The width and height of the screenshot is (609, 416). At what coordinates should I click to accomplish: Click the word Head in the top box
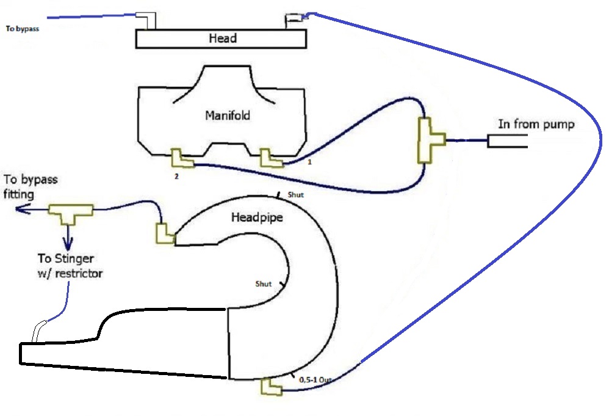point(223,38)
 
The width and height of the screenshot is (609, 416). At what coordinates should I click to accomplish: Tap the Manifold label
point(228,115)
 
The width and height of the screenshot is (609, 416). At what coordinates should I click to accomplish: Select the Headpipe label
point(257,217)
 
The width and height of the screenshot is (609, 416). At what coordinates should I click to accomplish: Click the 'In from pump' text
point(536,124)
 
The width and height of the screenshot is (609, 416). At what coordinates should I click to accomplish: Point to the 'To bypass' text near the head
point(23,28)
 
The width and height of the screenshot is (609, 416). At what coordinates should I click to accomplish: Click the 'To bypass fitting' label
point(31,186)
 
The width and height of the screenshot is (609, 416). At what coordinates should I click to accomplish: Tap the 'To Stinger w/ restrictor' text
point(70,266)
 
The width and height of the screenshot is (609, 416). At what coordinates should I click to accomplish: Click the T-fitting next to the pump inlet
point(430,140)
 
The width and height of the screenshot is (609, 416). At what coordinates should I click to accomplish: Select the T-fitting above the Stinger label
point(71,212)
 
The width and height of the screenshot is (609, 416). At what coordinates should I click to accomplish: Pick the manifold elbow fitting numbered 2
point(181,159)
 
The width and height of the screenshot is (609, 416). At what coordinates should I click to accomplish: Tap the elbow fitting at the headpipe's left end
point(164,234)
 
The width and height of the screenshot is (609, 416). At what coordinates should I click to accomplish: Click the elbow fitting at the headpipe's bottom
point(271,387)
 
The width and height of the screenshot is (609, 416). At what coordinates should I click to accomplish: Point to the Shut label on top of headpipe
point(295,195)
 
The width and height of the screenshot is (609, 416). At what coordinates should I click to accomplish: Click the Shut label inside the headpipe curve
point(264,284)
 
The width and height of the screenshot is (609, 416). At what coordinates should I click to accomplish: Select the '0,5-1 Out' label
point(315,379)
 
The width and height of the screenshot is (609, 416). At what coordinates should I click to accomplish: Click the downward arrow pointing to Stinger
point(68,238)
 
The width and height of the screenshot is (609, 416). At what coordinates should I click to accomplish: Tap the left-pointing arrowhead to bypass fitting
point(21,209)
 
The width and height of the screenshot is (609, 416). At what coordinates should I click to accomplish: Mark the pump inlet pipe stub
point(507,141)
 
